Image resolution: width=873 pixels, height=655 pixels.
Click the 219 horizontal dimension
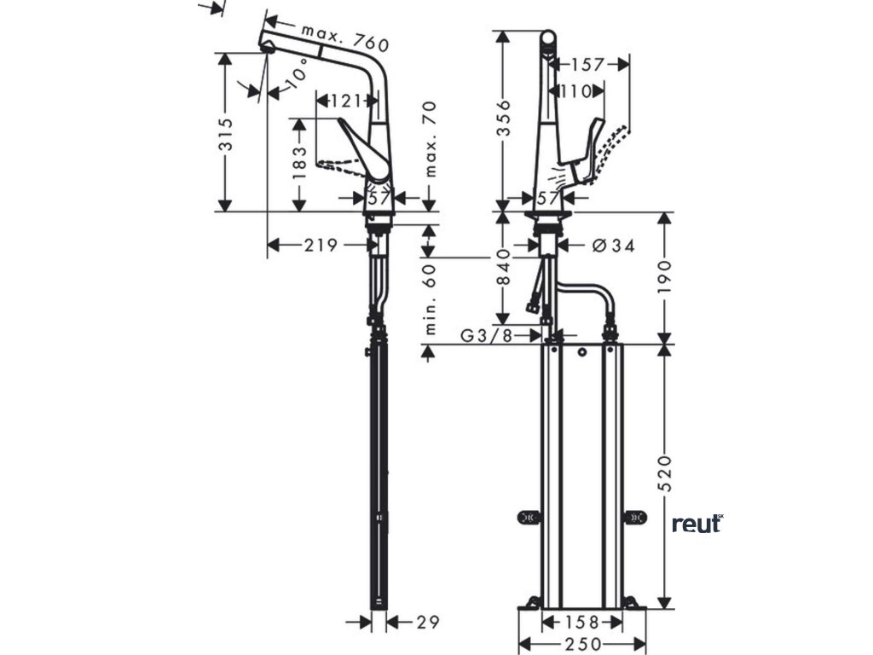click(320, 246)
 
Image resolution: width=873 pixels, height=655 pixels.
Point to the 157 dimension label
click(588, 64)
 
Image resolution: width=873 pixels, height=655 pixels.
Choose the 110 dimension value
click(575, 90)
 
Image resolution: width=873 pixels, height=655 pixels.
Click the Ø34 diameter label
click(612, 246)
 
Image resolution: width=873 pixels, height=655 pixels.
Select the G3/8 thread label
click(487, 335)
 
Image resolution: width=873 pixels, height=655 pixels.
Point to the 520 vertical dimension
click(666, 474)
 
